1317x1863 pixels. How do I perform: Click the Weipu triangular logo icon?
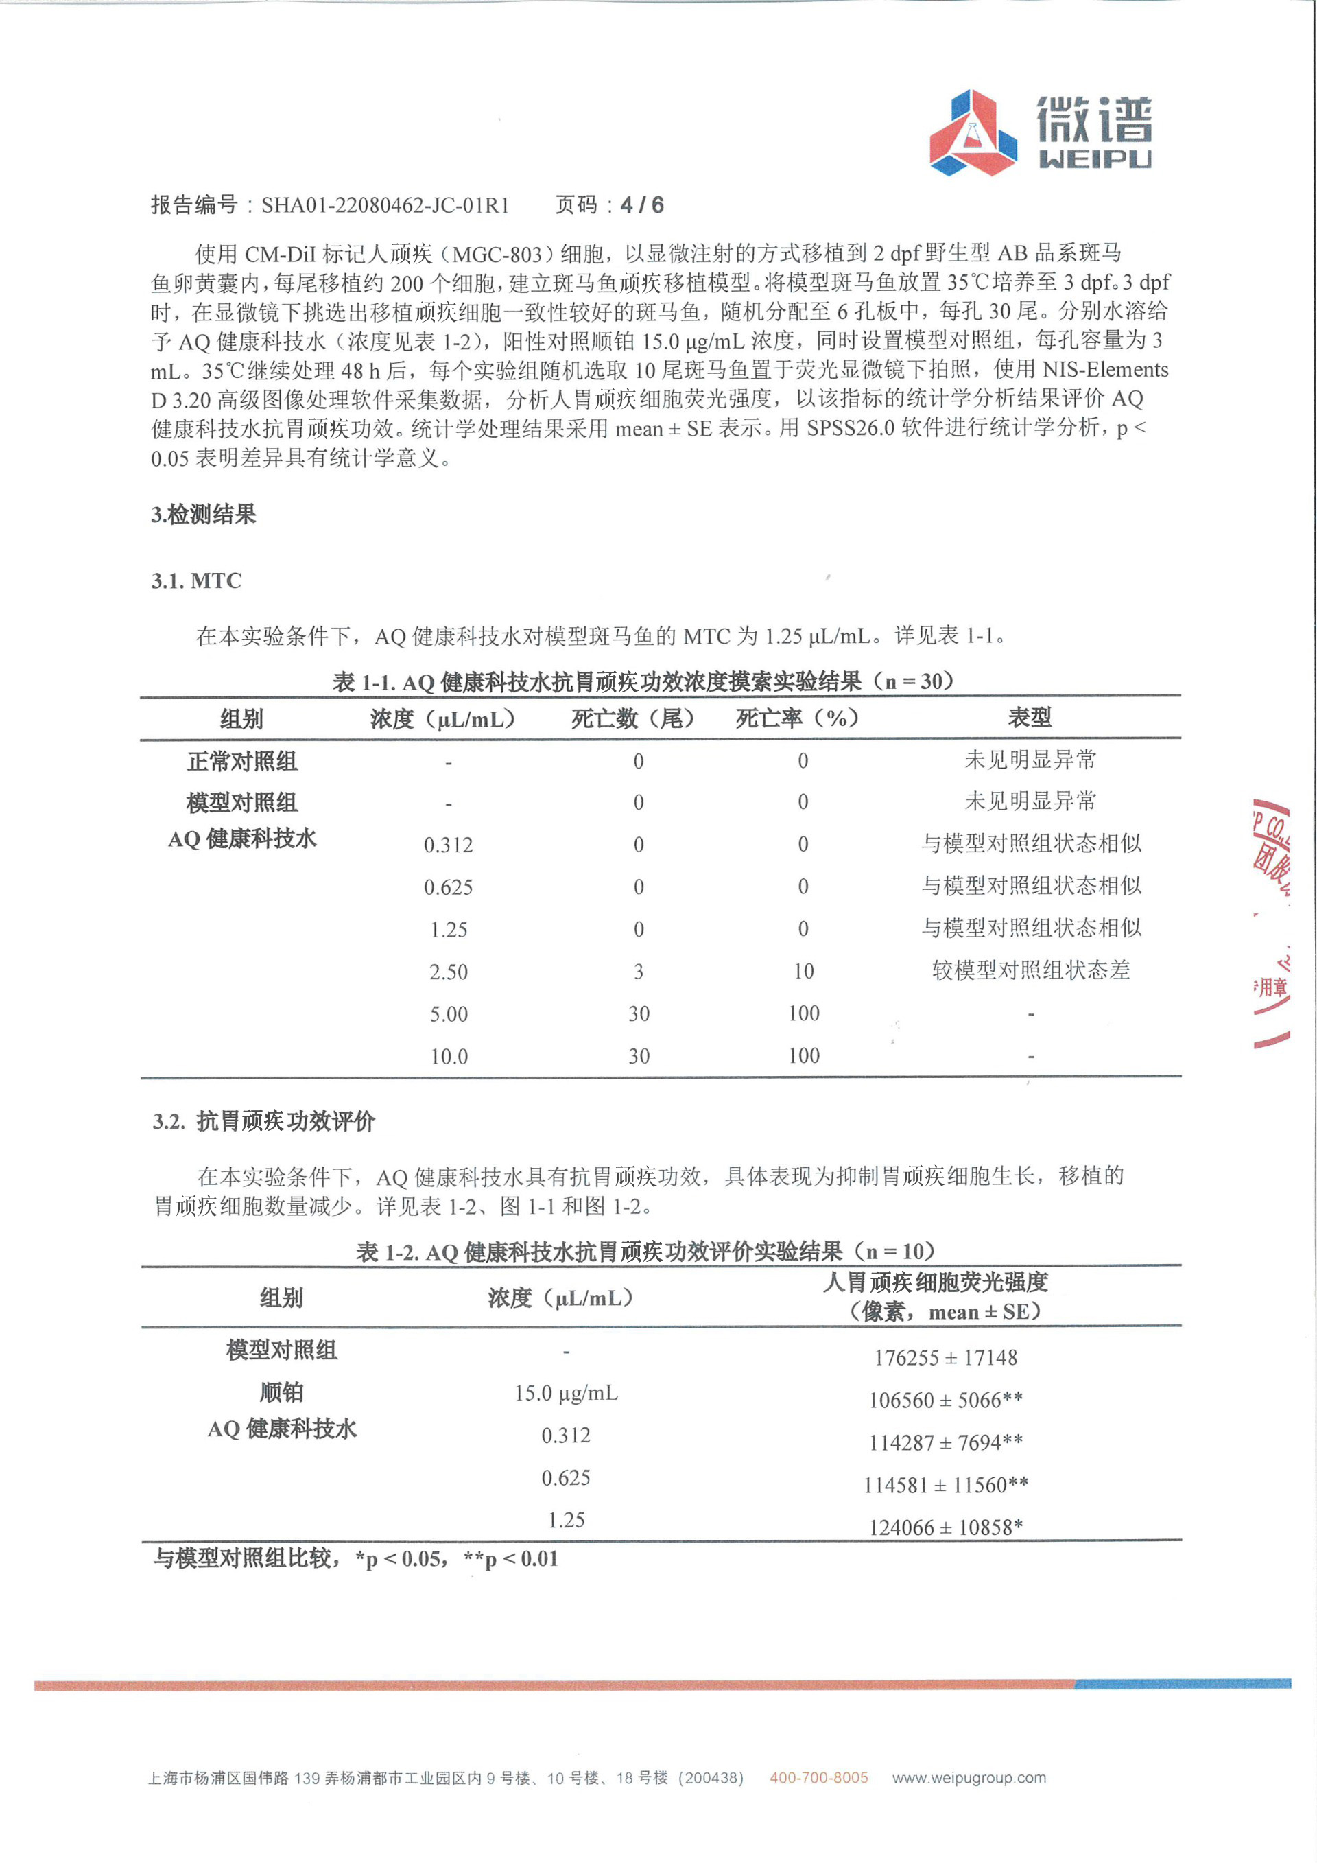tap(973, 133)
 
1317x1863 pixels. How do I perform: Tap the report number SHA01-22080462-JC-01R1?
tap(385, 205)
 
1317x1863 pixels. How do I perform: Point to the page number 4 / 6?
tap(641, 205)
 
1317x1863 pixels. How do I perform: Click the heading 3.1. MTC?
tap(196, 581)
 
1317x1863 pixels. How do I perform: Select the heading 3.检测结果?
tap(204, 515)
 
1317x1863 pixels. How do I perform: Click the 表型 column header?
tap(1030, 717)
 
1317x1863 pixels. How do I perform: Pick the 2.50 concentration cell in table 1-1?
tap(449, 971)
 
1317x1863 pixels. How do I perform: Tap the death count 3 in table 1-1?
tap(639, 971)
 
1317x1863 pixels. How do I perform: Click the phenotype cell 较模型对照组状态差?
tap(1031, 970)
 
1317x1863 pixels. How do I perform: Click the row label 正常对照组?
tap(242, 761)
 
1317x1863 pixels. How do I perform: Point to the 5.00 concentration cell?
tap(449, 1014)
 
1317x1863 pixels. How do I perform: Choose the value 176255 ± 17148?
tap(946, 1357)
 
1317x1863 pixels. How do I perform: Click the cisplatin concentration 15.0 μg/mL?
tap(566, 1393)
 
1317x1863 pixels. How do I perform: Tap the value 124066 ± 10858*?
tap(946, 1527)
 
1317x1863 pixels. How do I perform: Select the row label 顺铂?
tap(281, 1392)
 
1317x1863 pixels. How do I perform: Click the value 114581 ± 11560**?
tap(946, 1485)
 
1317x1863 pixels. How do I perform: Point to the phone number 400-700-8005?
tap(818, 1778)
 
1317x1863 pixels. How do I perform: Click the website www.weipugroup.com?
tap(969, 1778)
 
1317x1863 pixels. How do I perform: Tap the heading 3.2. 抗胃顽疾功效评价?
tap(263, 1121)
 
